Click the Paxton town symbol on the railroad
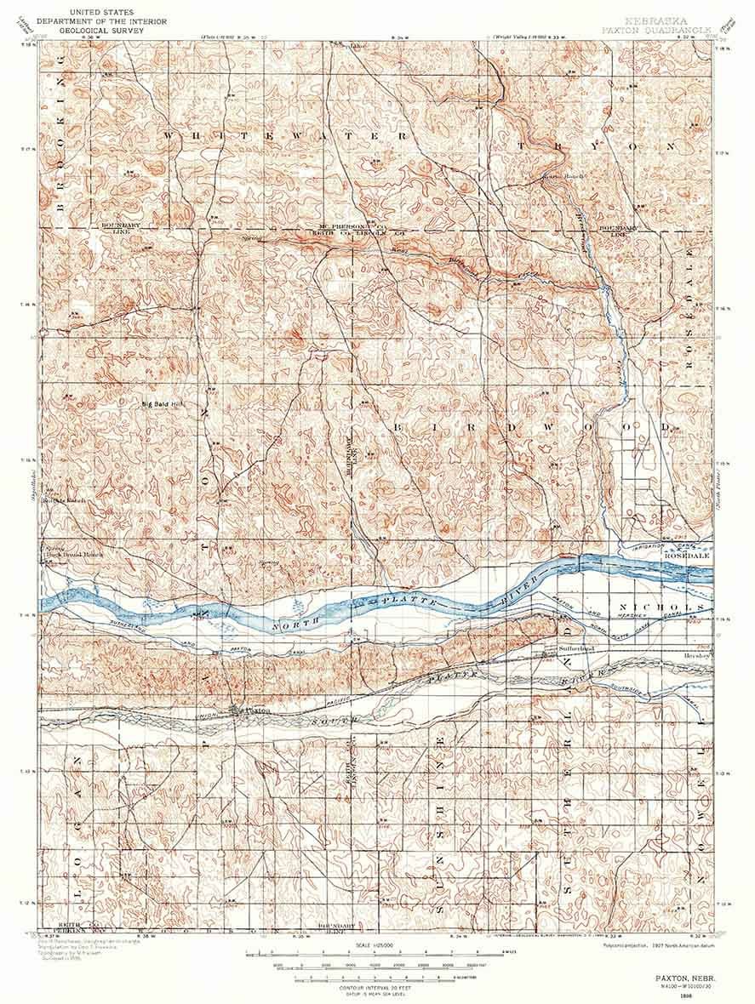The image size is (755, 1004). (x=237, y=710)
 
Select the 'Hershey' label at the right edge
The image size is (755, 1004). (x=697, y=657)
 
